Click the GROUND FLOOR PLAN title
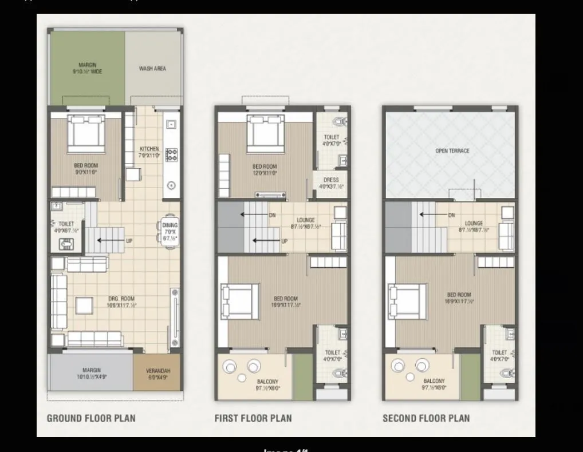click(x=91, y=418)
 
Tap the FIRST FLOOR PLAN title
click(x=253, y=418)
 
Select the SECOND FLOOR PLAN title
click(x=426, y=418)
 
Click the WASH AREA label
click(x=152, y=69)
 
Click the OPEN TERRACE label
click(x=452, y=151)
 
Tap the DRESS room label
click(x=331, y=180)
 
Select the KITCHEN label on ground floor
click(x=149, y=149)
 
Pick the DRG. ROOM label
click(x=121, y=299)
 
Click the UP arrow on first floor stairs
click(x=269, y=241)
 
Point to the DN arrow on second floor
click(x=436, y=215)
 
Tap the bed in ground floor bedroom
click(x=87, y=134)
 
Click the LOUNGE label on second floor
click(x=474, y=224)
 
